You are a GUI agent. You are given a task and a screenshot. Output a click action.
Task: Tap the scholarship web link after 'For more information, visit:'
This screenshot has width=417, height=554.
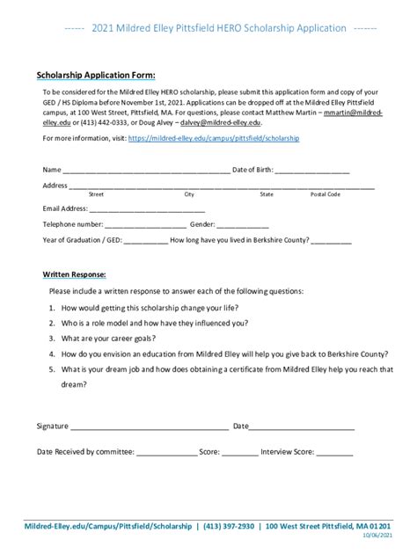click(x=214, y=139)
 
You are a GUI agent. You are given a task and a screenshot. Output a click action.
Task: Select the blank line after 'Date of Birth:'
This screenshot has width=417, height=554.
click(x=314, y=171)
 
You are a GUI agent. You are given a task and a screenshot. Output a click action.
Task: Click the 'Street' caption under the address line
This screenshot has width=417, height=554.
click(x=97, y=194)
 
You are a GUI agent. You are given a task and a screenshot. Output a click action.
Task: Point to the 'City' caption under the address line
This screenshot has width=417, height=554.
click(x=189, y=194)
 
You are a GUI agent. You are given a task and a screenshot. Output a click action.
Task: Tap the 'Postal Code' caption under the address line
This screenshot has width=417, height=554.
click(x=325, y=194)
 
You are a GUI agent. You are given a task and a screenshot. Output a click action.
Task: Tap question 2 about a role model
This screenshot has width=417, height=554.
click(x=154, y=323)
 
